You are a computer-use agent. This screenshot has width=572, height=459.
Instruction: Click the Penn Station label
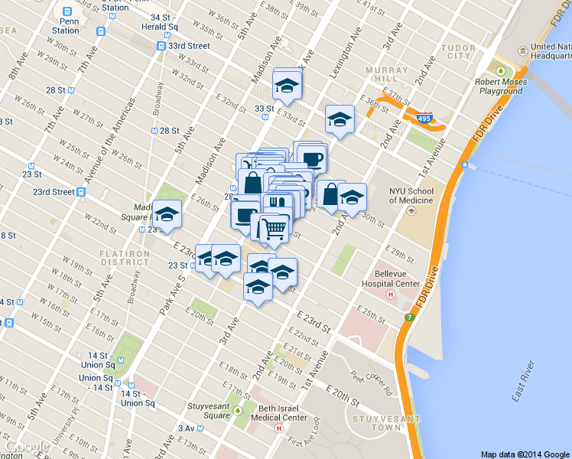(66, 26)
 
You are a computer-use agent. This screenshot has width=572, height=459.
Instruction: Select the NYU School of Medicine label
(411, 195)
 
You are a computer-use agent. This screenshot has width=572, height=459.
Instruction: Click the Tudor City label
(459, 50)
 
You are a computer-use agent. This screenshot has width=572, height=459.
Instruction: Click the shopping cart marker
(274, 227)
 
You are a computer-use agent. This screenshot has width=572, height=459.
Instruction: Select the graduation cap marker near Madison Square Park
(167, 214)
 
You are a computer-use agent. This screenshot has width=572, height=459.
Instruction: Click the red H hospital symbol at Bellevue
(391, 294)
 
